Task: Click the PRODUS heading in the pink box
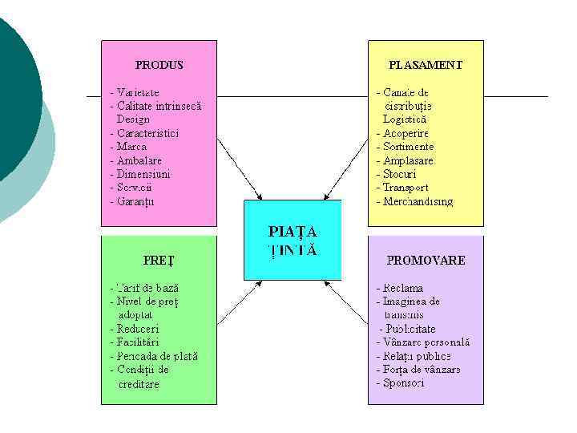tap(159, 65)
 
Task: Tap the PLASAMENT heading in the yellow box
tap(425, 65)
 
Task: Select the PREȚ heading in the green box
tap(159, 261)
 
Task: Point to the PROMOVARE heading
tap(426, 261)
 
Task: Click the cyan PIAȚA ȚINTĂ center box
tap(292, 240)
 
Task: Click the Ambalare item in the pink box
tap(138, 160)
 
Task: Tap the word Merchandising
tap(418, 201)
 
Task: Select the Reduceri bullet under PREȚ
tap(137, 329)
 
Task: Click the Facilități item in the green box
tap(139, 342)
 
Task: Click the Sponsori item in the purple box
tap(403, 383)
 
